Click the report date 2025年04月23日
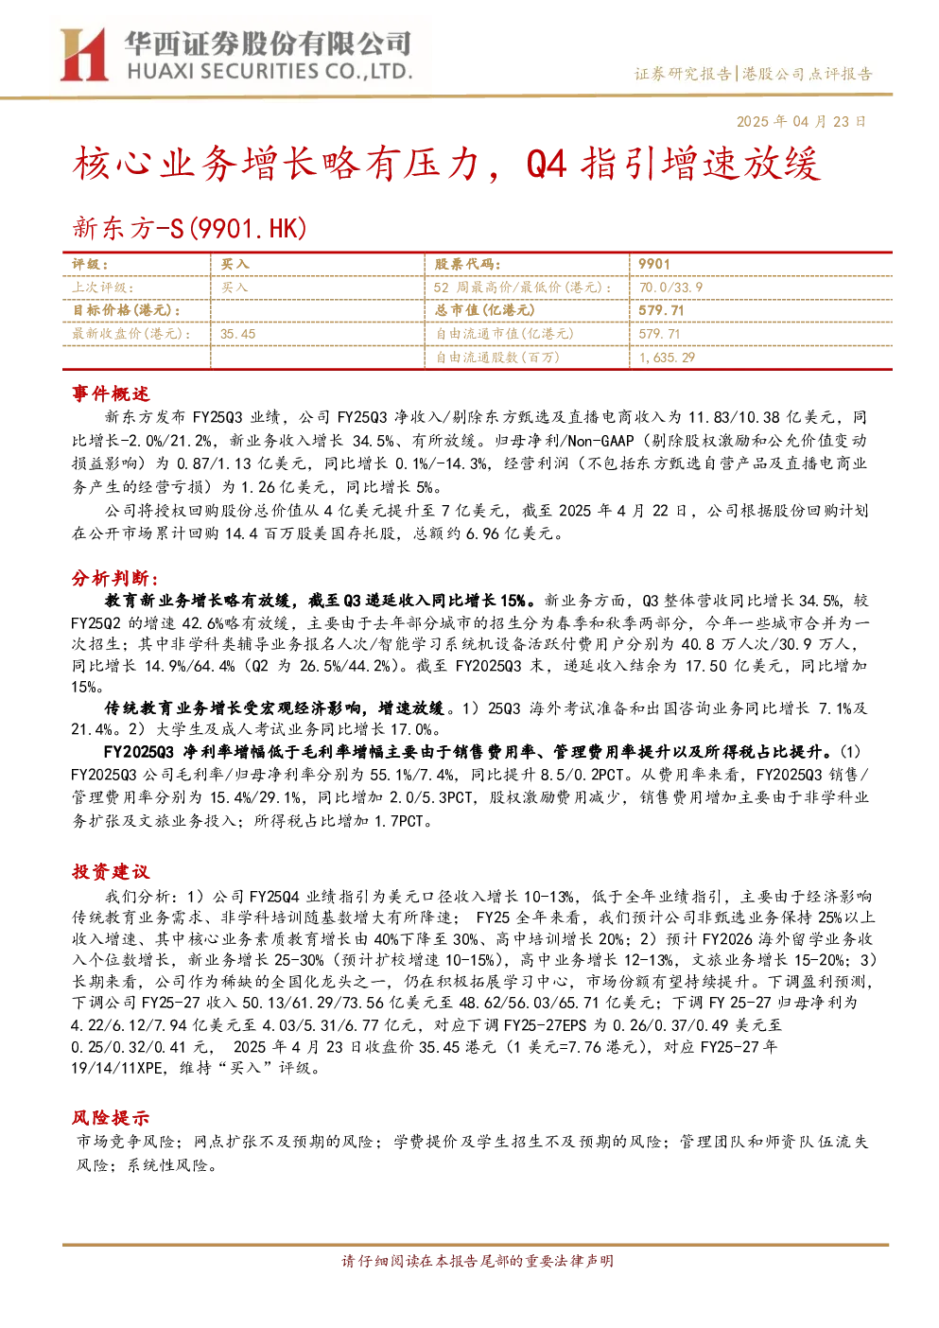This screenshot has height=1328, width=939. (801, 121)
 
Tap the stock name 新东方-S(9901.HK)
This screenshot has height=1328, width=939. (190, 228)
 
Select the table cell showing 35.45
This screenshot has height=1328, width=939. (237, 334)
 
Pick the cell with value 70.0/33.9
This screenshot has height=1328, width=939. (670, 288)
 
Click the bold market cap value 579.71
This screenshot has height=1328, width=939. (661, 310)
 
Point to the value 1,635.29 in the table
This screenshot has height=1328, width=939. (667, 358)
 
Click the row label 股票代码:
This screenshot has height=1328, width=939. (468, 265)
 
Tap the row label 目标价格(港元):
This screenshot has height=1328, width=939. (127, 310)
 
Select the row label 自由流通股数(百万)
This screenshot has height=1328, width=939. (497, 357)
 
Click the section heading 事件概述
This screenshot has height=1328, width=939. (111, 393)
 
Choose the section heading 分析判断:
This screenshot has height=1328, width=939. (115, 578)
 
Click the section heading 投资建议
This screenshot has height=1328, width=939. (111, 871)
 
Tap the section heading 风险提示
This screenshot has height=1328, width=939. (111, 1118)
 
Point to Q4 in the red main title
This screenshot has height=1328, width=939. (547, 165)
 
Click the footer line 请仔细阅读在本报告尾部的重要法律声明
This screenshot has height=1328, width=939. (478, 1278)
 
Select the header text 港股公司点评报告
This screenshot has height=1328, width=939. (808, 74)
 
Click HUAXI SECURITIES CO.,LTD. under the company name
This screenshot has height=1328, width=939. (270, 72)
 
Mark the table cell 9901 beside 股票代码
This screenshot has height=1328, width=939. (653, 265)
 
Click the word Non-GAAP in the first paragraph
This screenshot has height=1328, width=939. (600, 441)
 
